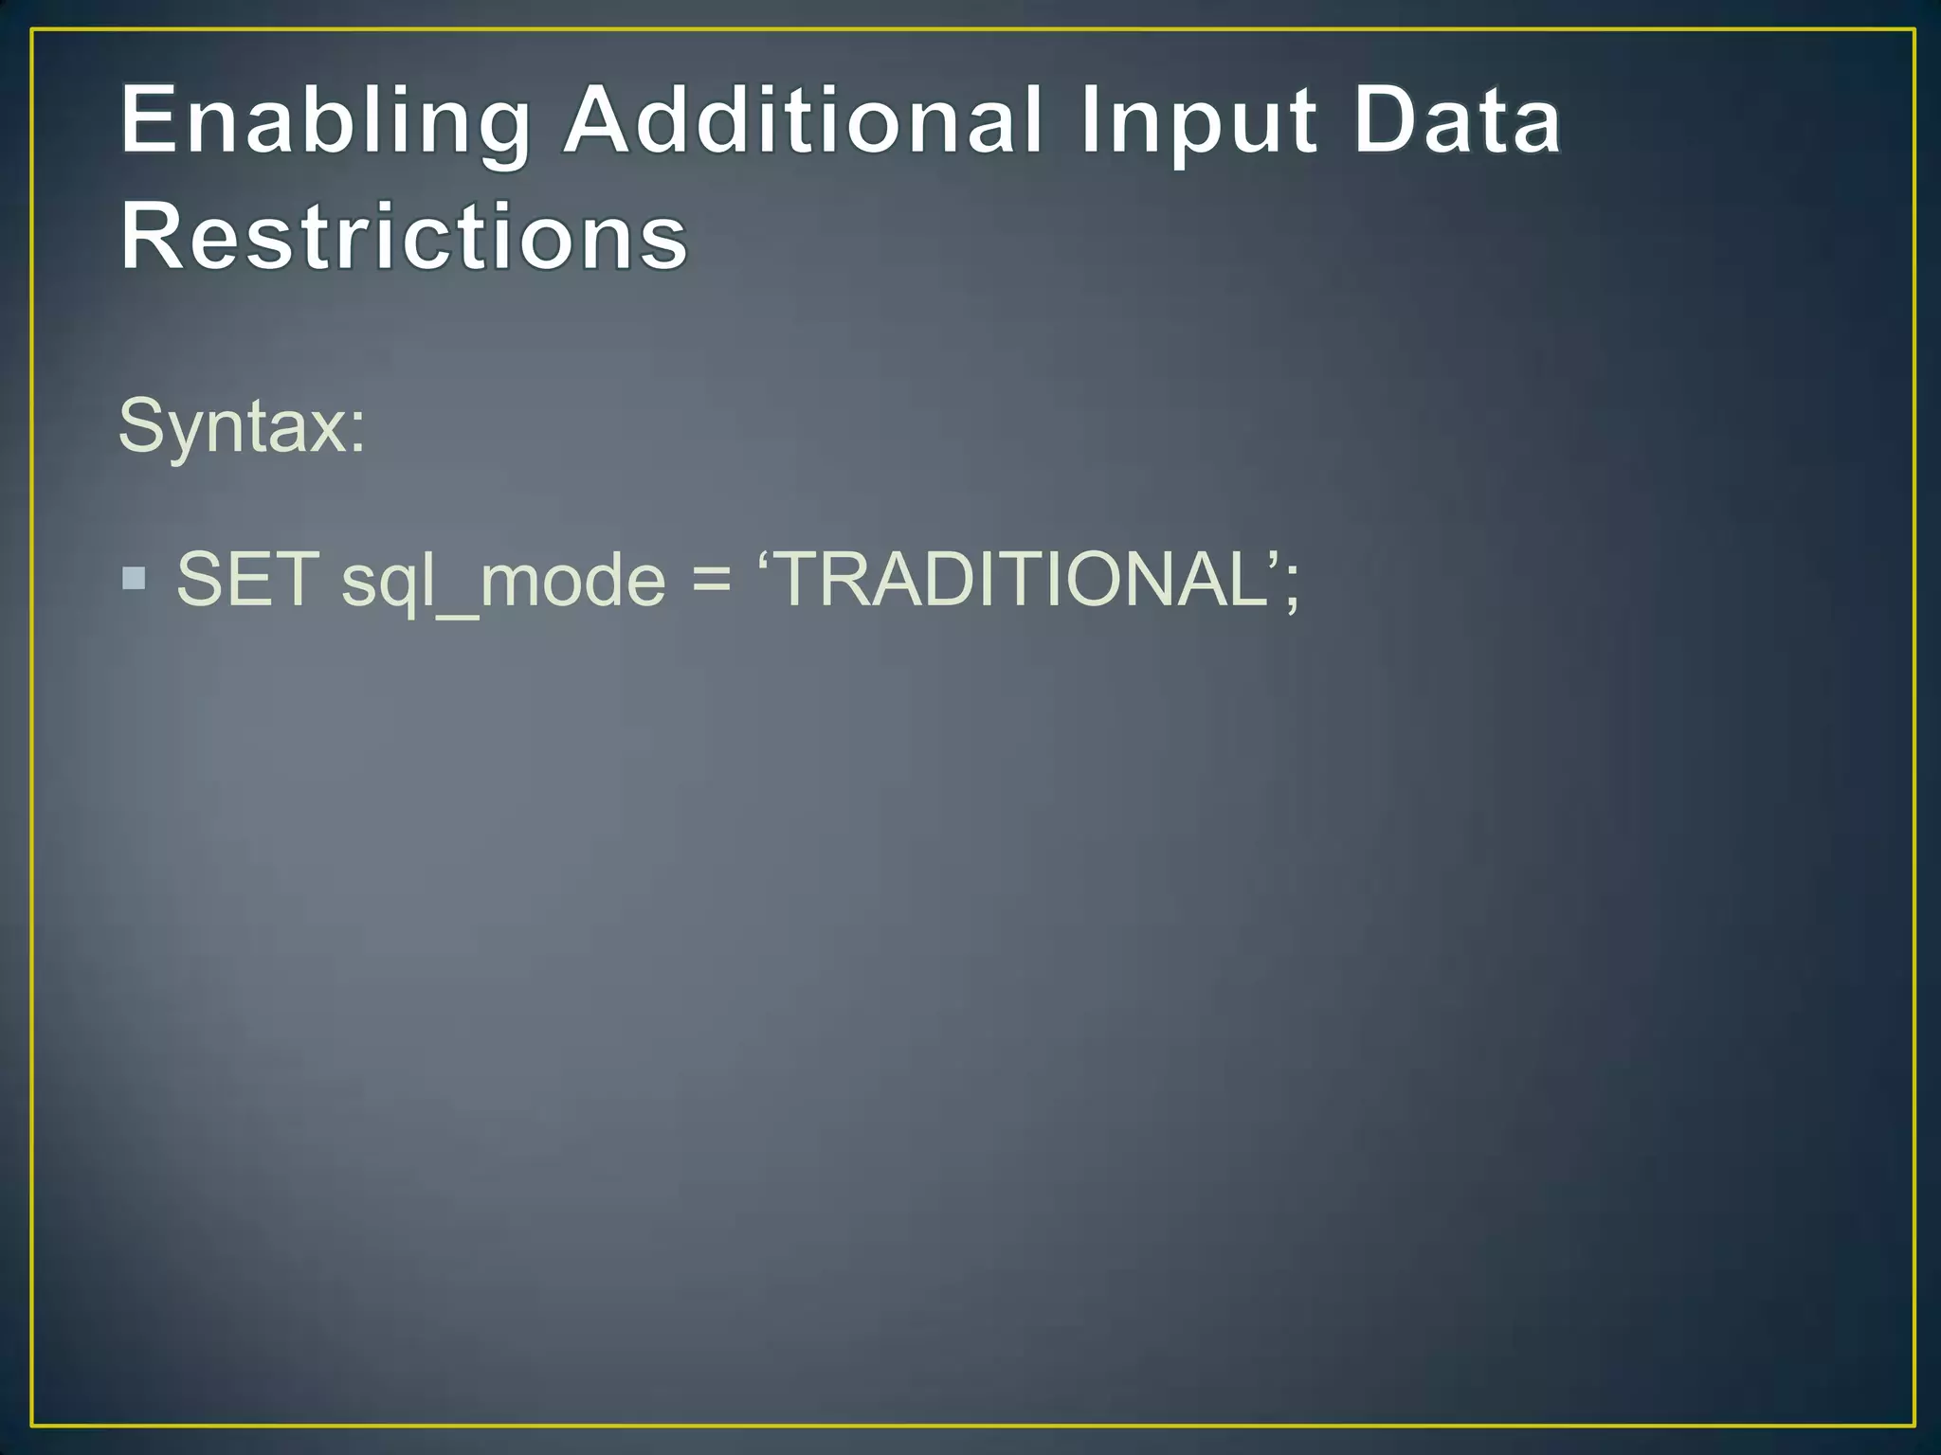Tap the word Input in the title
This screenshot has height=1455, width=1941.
click(x=1197, y=120)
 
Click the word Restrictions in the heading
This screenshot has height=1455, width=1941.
click(x=404, y=236)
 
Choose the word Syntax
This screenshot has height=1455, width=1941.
click(x=233, y=427)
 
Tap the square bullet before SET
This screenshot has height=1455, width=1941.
click(x=135, y=578)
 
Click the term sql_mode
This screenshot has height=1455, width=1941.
click(x=503, y=581)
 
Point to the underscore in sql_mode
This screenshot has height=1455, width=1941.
click(x=456, y=615)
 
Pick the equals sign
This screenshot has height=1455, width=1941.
click(x=712, y=581)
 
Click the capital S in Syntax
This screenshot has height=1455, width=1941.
click(x=141, y=426)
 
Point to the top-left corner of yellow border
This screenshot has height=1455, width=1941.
click(x=32, y=30)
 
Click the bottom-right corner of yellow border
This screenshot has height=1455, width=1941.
click(x=1914, y=1425)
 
